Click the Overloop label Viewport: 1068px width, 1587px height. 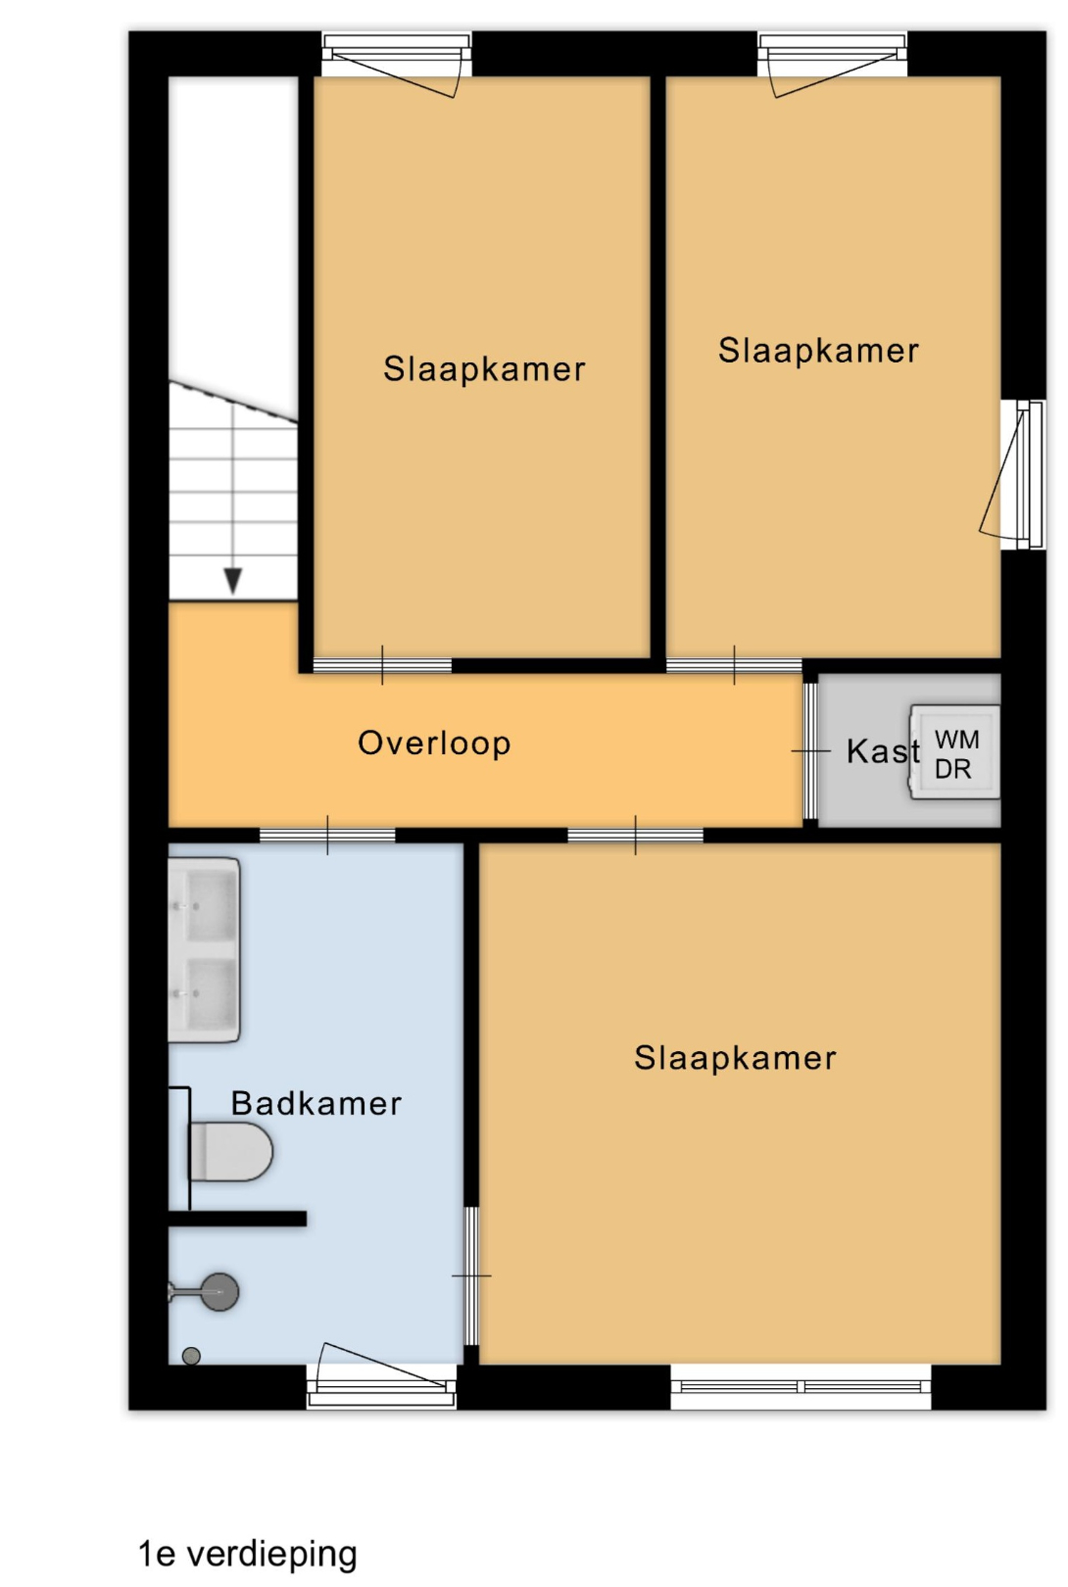[x=434, y=744]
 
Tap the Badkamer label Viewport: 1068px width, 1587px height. [x=316, y=1103]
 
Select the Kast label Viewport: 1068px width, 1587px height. [x=883, y=751]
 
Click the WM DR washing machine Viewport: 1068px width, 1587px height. [x=954, y=752]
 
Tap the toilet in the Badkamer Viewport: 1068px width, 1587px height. [x=231, y=1152]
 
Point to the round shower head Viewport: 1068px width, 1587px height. [x=218, y=1292]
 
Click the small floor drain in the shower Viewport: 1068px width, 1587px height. [x=191, y=1356]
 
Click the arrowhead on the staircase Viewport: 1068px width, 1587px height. [x=232, y=580]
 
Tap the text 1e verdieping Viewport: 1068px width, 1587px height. [x=248, y=1554]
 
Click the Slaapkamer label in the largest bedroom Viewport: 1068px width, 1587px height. [x=735, y=1058]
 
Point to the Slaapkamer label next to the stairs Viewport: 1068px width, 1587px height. [x=484, y=369]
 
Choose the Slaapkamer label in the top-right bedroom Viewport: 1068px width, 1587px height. [x=818, y=351]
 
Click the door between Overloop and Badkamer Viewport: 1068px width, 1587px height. [x=327, y=836]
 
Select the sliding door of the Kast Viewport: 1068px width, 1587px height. [x=810, y=750]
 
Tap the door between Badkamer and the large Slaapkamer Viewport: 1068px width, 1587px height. [x=471, y=1276]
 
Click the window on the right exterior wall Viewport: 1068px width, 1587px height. [x=1023, y=474]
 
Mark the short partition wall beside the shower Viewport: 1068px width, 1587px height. [x=237, y=1219]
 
